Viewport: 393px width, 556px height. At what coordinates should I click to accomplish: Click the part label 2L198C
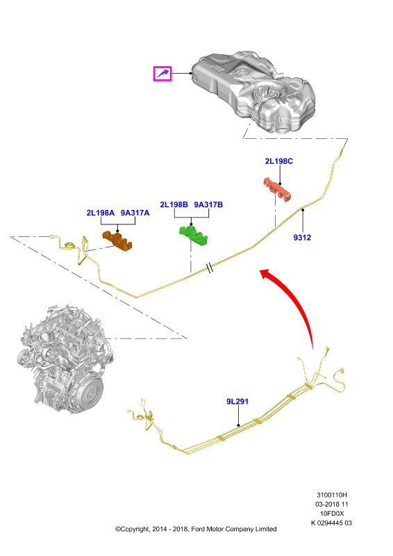279,161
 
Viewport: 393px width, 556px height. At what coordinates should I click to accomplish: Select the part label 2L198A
100,213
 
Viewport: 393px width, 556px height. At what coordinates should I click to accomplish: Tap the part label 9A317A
135,213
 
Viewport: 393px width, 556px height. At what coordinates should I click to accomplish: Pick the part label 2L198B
174,204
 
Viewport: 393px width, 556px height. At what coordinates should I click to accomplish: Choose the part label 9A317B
208,204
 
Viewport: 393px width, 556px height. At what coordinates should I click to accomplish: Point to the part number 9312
302,238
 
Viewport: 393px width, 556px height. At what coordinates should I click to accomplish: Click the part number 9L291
237,402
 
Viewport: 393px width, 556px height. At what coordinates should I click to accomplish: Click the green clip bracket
193,235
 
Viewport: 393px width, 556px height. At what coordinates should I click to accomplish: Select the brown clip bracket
117,240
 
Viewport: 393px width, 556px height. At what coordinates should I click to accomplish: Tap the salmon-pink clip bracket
277,189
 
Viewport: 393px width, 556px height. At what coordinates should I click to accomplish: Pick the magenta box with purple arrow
162,74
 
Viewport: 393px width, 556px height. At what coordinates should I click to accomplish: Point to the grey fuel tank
253,93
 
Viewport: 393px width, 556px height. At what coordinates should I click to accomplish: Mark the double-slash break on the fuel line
210,268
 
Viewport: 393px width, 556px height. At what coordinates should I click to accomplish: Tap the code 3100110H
332,495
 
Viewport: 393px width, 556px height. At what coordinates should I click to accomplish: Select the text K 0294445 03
332,523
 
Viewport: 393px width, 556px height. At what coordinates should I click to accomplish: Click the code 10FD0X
332,514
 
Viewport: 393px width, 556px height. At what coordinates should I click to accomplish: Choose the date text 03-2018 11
332,505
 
